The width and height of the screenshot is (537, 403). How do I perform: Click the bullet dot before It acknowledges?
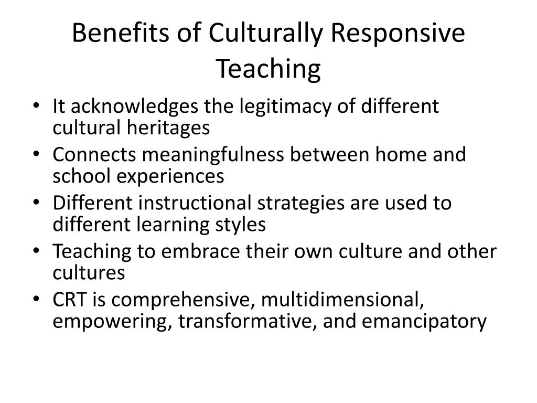point(42,107)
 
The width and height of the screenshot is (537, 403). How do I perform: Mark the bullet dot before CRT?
point(42,301)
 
